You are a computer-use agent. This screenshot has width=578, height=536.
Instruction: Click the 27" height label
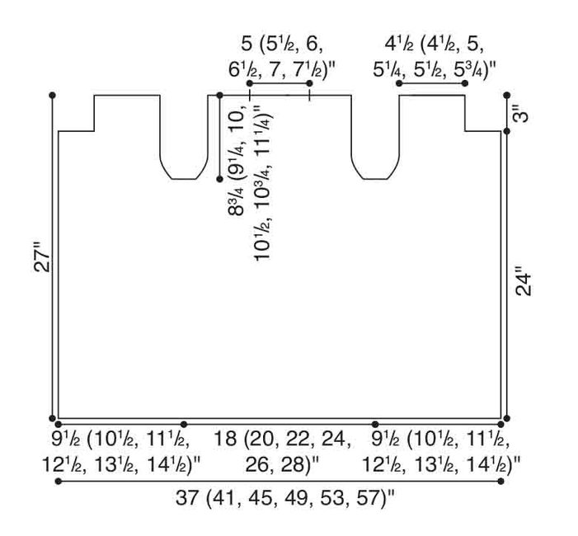click(42, 257)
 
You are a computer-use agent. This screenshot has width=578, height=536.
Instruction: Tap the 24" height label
click(524, 284)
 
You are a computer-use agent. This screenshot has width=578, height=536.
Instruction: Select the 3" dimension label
click(521, 113)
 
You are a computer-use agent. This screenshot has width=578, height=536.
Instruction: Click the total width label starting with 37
click(285, 498)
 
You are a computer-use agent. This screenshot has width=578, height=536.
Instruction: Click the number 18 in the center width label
click(226, 439)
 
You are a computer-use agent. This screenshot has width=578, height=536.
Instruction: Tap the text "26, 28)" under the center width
click(279, 465)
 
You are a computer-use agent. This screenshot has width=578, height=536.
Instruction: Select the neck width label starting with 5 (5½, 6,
click(282, 57)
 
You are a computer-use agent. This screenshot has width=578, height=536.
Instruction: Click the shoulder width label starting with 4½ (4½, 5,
click(435, 57)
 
